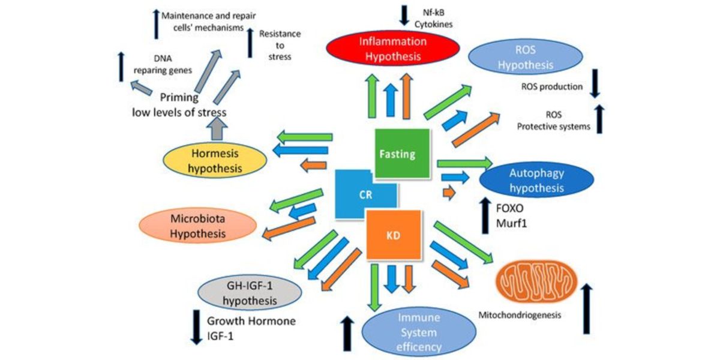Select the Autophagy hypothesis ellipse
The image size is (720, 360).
coord(537,181)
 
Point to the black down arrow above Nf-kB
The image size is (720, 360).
coord(403,14)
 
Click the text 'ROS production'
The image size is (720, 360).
coord(553,87)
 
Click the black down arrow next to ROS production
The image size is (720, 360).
coord(595,84)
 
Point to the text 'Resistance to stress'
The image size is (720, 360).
coord(280,46)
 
